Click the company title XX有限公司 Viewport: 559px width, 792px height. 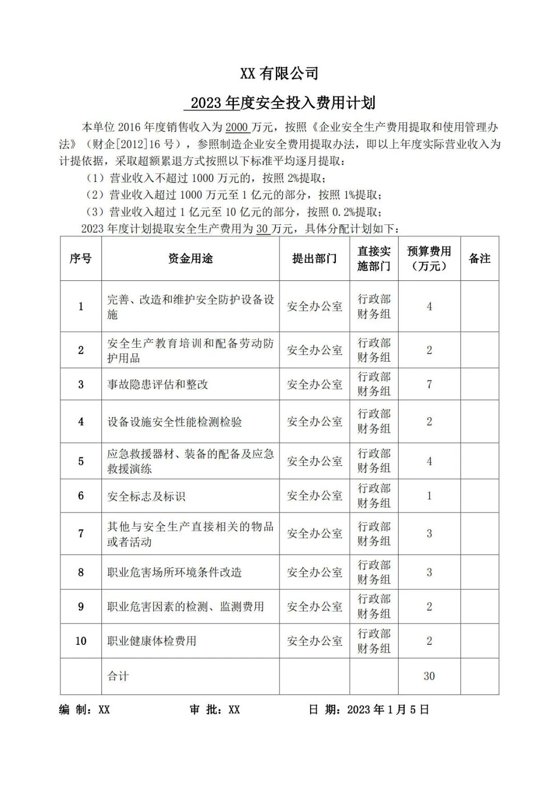point(279,74)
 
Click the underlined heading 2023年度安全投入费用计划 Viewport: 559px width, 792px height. point(282,103)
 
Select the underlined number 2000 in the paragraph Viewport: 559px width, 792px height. point(238,128)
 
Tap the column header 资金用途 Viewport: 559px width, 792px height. point(190,259)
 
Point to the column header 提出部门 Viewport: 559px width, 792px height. point(314,259)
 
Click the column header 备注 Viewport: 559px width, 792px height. point(479,259)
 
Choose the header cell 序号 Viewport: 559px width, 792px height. point(81,259)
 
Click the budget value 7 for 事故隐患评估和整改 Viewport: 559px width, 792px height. point(429,385)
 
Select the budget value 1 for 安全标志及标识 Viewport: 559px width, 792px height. point(429,496)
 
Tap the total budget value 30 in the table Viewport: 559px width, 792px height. point(429,676)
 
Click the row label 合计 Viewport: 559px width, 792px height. point(118,676)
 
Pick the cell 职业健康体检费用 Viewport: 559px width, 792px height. point(152,641)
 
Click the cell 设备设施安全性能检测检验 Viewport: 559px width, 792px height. point(174,422)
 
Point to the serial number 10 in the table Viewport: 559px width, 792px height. point(81,641)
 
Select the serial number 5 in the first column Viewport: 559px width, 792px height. point(81,461)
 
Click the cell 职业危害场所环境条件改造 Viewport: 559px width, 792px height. point(174,573)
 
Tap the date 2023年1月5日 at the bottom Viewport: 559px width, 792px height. point(388,710)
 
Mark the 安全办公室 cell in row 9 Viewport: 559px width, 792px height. point(315,607)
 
